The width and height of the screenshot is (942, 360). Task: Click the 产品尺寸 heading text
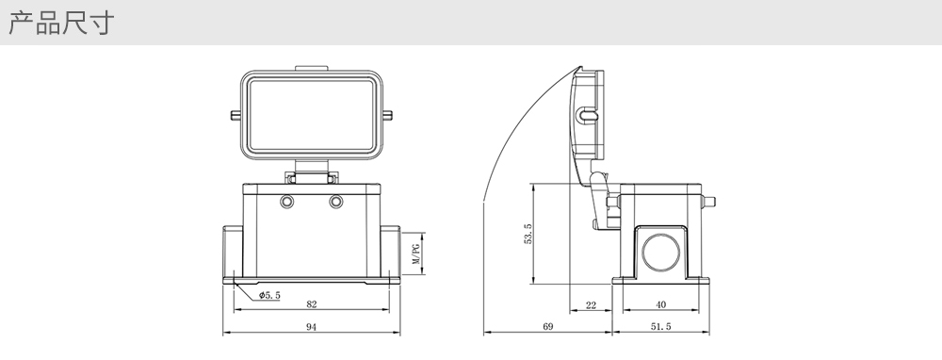tap(60, 23)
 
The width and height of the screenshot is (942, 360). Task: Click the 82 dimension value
tap(311, 304)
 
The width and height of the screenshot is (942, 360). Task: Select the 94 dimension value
tap(311, 327)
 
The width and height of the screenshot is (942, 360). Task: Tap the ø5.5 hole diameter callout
tap(269, 295)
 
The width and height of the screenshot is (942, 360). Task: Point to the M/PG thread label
tap(415, 254)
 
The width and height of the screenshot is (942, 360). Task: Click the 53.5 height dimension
tap(528, 234)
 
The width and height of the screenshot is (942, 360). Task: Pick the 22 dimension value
tap(591, 305)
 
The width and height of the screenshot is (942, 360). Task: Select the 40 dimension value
tap(661, 304)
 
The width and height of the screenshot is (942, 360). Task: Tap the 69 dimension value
tap(548, 327)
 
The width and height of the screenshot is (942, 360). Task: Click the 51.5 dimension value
tap(660, 327)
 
